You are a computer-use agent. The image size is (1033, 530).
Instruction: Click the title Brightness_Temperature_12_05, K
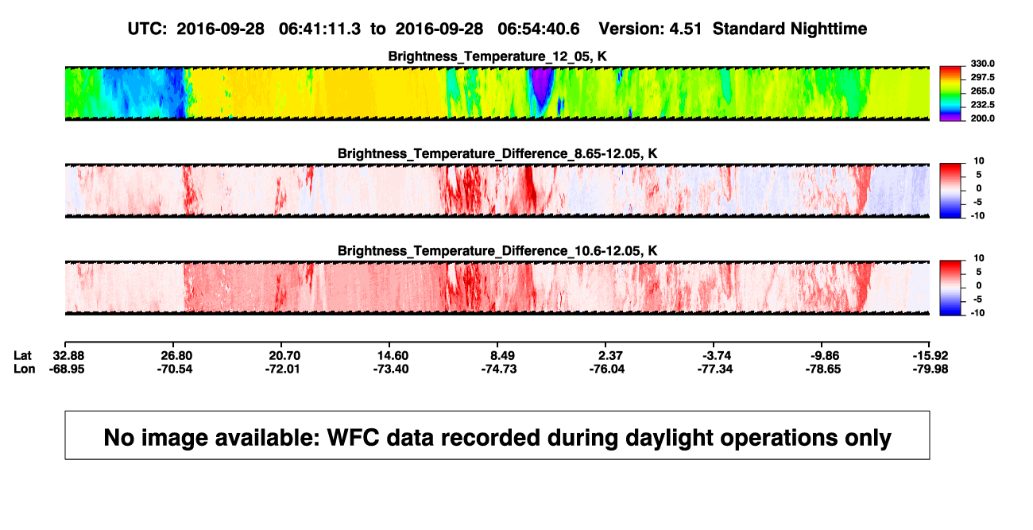click(497, 56)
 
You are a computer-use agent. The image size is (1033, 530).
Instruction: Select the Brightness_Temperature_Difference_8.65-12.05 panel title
click(497, 153)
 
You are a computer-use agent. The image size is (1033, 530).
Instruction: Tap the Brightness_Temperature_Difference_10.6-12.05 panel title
click(497, 251)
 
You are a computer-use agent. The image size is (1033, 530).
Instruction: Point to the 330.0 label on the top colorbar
click(982, 64)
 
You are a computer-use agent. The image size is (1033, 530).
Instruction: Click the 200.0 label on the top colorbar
click(982, 118)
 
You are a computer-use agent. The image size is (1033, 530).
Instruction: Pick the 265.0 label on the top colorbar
click(982, 91)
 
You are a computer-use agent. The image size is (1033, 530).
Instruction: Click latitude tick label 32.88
click(68, 356)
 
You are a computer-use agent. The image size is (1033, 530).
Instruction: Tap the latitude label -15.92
click(930, 356)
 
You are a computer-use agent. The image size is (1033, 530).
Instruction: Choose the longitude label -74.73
click(498, 369)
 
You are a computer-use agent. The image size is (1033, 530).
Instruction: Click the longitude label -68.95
click(67, 369)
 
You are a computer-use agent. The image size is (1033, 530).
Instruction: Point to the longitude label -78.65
click(822, 369)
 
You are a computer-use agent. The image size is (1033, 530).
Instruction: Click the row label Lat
click(22, 356)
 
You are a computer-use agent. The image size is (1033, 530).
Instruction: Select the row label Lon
click(24, 369)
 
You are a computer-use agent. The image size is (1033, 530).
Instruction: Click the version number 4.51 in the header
click(685, 29)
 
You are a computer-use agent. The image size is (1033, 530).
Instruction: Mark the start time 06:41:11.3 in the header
click(319, 29)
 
